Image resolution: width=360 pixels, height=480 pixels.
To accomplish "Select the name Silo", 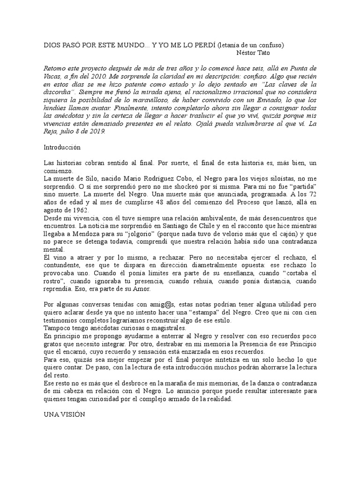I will tap(86, 179).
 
